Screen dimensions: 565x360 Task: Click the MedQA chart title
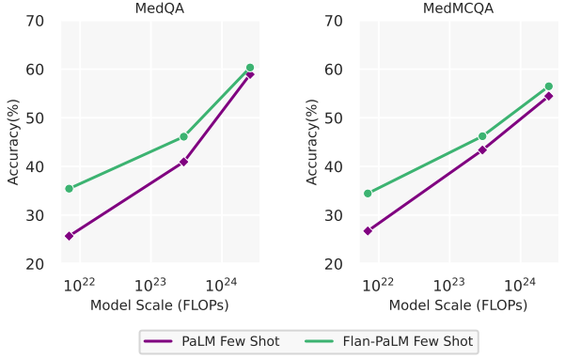[x=160, y=8]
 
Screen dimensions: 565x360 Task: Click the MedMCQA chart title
[x=458, y=8]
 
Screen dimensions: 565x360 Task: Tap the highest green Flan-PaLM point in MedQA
[x=250, y=68]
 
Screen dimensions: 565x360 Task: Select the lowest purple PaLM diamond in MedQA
[x=70, y=236]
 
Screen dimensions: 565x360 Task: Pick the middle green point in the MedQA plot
[x=183, y=136]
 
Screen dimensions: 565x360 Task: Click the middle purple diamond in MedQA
[x=183, y=162]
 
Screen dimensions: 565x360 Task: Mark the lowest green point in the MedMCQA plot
[x=368, y=194]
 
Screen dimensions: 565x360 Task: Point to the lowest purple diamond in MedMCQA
[x=368, y=231]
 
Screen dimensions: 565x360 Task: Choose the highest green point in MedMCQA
[x=549, y=86]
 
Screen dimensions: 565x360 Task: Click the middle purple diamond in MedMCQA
[x=482, y=149]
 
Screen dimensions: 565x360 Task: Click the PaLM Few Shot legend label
[x=230, y=341]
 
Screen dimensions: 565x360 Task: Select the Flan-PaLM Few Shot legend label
[x=408, y=341]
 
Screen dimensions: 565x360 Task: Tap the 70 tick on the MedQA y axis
[x=35, y=22]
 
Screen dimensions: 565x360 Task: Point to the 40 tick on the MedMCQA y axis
[x=334, y=167]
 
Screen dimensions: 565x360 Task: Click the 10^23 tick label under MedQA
[x=149, y=285]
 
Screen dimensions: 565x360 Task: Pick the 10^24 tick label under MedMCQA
[x=519, y=285]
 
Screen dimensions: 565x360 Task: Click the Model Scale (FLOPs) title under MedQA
[x=160, y=305]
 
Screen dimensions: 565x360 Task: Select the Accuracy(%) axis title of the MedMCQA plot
[x=312, y=142]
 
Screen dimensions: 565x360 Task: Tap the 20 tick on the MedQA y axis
[x=35, y=264]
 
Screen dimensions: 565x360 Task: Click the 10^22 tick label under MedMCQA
[x=378, y=285]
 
